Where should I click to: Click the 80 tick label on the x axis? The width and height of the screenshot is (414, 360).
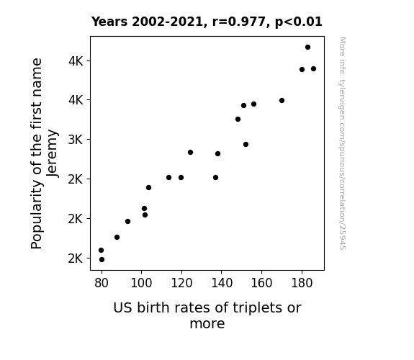point(102,283)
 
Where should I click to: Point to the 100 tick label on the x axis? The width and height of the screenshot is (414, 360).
point(142,283)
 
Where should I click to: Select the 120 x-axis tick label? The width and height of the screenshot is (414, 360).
point(181,283)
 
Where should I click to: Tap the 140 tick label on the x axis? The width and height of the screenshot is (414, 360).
point(222,283)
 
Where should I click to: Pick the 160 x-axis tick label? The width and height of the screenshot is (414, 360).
point(261,283)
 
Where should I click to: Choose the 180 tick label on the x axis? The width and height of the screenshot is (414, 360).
point(302,283)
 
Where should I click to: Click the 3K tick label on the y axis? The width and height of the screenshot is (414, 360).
point(76,140)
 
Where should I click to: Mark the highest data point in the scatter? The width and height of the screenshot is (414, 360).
point(307,48)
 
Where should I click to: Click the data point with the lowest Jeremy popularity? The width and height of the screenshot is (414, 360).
point(102,260)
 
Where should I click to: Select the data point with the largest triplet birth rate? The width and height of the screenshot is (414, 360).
point(313,69)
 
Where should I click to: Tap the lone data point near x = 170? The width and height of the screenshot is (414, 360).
point(282,100)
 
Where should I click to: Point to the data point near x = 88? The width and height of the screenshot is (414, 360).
point(117,237)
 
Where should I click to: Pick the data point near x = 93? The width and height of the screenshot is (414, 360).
point(127,221)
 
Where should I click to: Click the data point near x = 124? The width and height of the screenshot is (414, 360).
point(190,153)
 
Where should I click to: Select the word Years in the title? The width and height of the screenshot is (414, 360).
point(109,22)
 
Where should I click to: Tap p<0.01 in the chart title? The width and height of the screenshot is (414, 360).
point(299,22)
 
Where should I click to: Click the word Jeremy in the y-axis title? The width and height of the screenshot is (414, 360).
point(52,153)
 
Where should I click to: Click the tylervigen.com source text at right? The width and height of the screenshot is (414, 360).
point(342,143)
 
